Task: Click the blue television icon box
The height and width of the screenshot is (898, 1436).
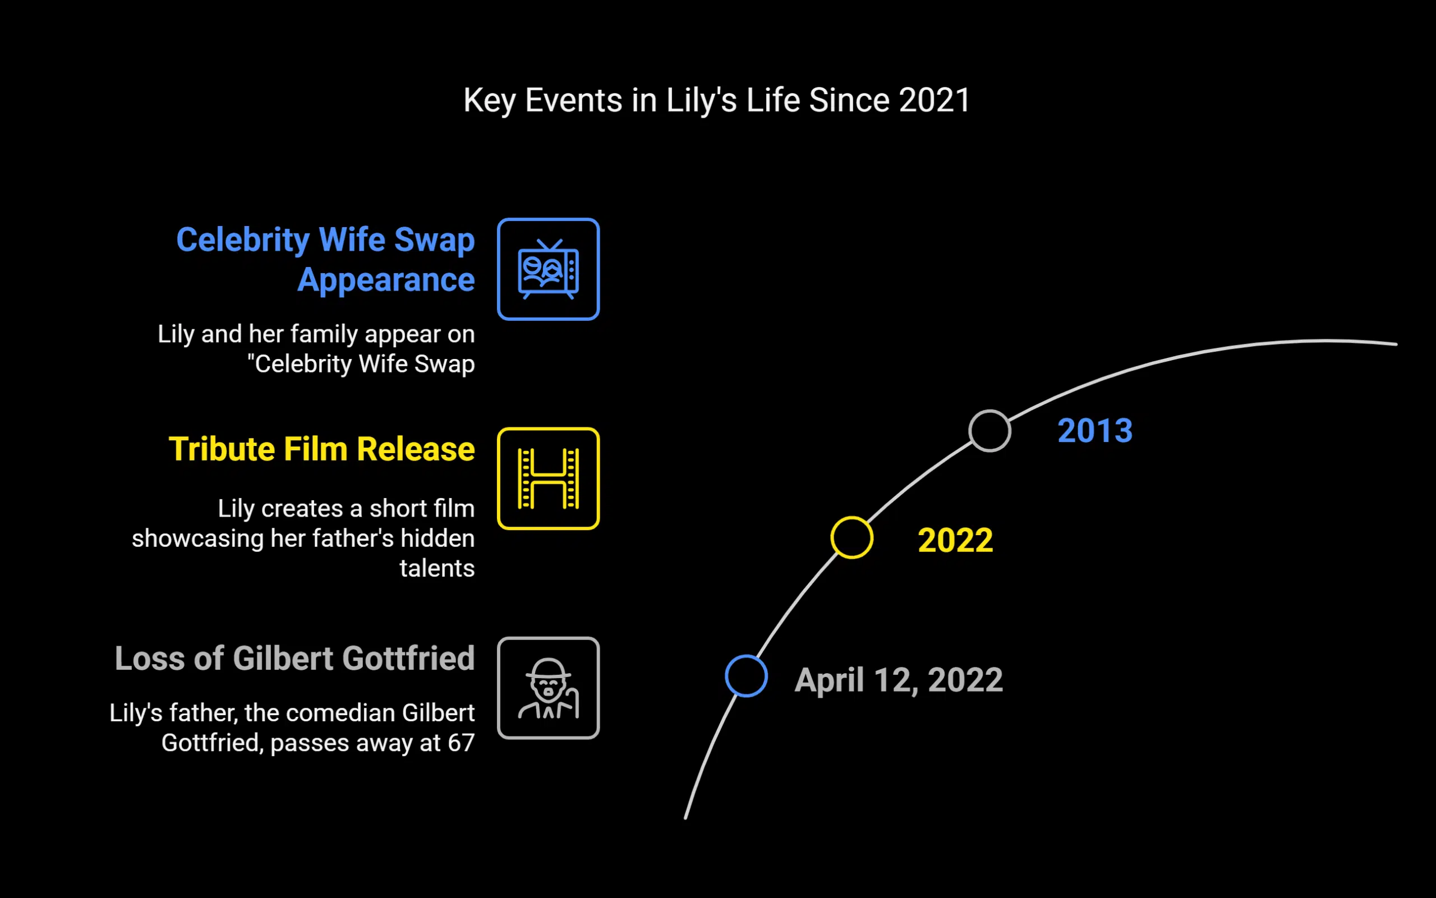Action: [548, 269]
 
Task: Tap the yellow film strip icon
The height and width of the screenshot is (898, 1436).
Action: [548, 478]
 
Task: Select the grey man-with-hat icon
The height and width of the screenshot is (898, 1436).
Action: [548, 688]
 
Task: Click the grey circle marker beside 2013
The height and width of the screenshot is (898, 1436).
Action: [989, 431]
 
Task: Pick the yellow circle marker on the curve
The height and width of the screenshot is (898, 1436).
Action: [852, 537]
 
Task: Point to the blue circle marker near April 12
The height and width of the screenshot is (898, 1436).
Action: [746, 676]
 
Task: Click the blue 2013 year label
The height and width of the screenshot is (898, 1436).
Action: [1094, 431]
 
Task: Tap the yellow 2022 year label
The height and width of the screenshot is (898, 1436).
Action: [955, 541]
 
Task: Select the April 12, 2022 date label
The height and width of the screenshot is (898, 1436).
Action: [899, 679]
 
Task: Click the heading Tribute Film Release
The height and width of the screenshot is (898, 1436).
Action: [321, 449]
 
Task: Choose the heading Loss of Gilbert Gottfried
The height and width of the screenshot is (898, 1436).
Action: [294, 658]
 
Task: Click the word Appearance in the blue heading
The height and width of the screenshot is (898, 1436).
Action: [386, 280]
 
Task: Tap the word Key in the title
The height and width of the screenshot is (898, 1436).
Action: [489, 100]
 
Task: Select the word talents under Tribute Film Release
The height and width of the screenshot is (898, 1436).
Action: [436, 568]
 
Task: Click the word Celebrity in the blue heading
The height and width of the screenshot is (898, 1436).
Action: [242, 240]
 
